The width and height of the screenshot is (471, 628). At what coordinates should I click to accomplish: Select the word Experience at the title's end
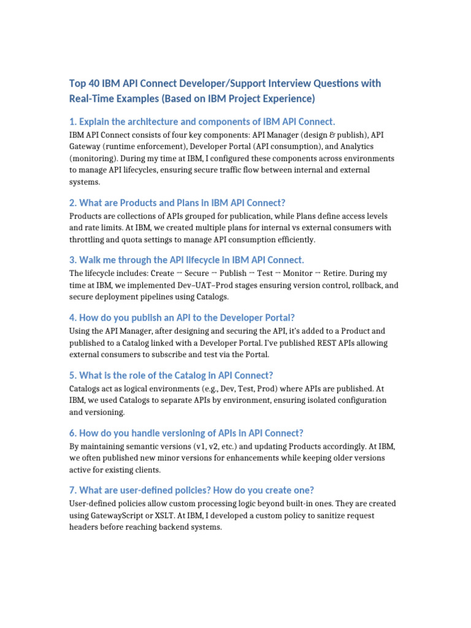[x=288, y=98]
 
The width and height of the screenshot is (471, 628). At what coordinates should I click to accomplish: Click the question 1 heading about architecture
[x=202, y=121]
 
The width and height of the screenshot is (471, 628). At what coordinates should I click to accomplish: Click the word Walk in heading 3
[x=93, y=259]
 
